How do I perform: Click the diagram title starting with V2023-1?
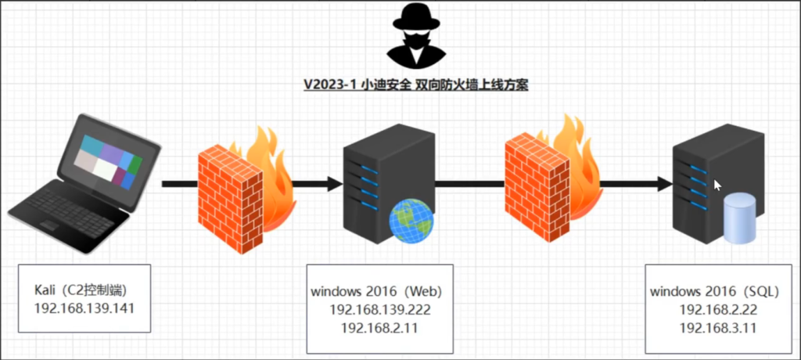(416, 85)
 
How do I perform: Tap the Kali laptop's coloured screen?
(108, 160)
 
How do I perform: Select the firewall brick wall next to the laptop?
(231, 200)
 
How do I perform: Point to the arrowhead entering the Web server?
(335, 184)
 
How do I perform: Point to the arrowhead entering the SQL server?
(664, 184)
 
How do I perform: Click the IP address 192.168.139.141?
(84, 308)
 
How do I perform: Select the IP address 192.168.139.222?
(380, 310)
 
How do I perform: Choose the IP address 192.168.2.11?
(379, 328)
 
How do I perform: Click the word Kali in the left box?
(45, 290)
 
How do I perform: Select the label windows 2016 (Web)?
(376, 292)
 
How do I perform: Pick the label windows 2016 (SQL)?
(715, 292)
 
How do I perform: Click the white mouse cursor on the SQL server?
(717, 185)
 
